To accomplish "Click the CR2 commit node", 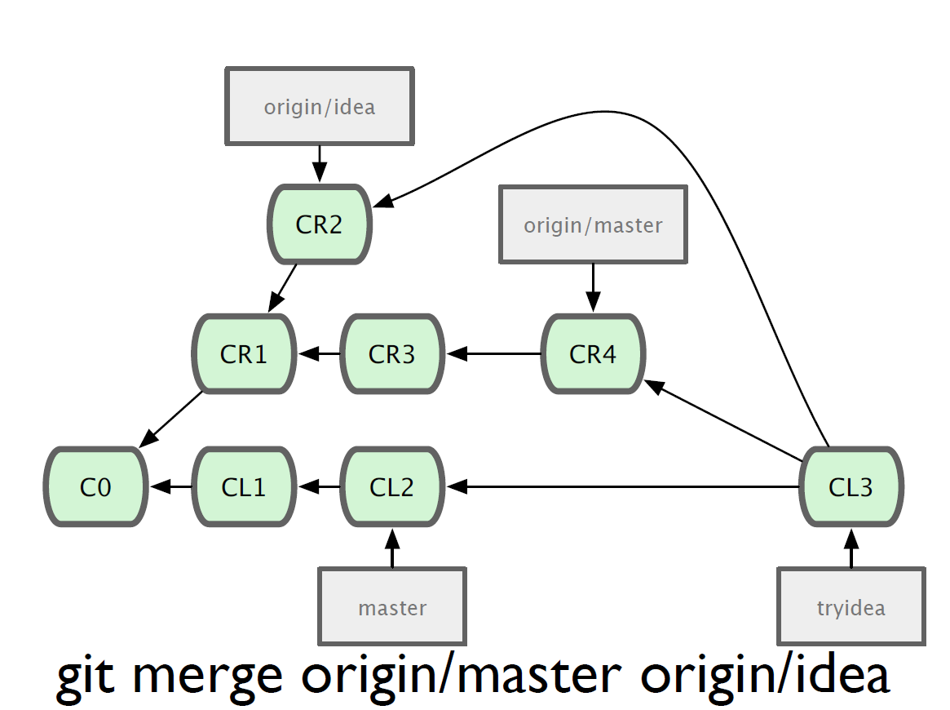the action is pyautogui.click(x=320, y=224).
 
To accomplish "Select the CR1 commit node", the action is pyautogui.click(x=244, y=354).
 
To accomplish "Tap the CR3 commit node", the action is pyautogui.click(x=392, y=354).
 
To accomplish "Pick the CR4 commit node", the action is pyautogui.click(x=593, y=354).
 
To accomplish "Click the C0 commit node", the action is pyautogui.click(x=95, y=487).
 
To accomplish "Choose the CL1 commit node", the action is pyautogui.click(x=244, y=487).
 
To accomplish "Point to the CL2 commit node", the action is pyautogui.click(x=392, y=487).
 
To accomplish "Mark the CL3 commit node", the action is pyautogui.click(x=851, y=487).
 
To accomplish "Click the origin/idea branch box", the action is pyautogui.click(x=320, y=106).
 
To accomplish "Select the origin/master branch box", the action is pyautogui.click(x=593, y=224).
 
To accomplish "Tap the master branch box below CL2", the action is pyautogui.click(x=392, y=606).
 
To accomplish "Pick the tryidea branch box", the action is pyautogui.click(x=851, y=606).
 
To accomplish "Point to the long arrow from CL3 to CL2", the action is pyautogui.click(x=623, y=487).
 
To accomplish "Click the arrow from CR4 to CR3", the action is pyautogui.click(x=494, y=353).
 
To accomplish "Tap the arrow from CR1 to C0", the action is pyautogui.click(x=171, y=419).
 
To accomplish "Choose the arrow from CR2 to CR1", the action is pyautogui.click(x=282, y=288).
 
